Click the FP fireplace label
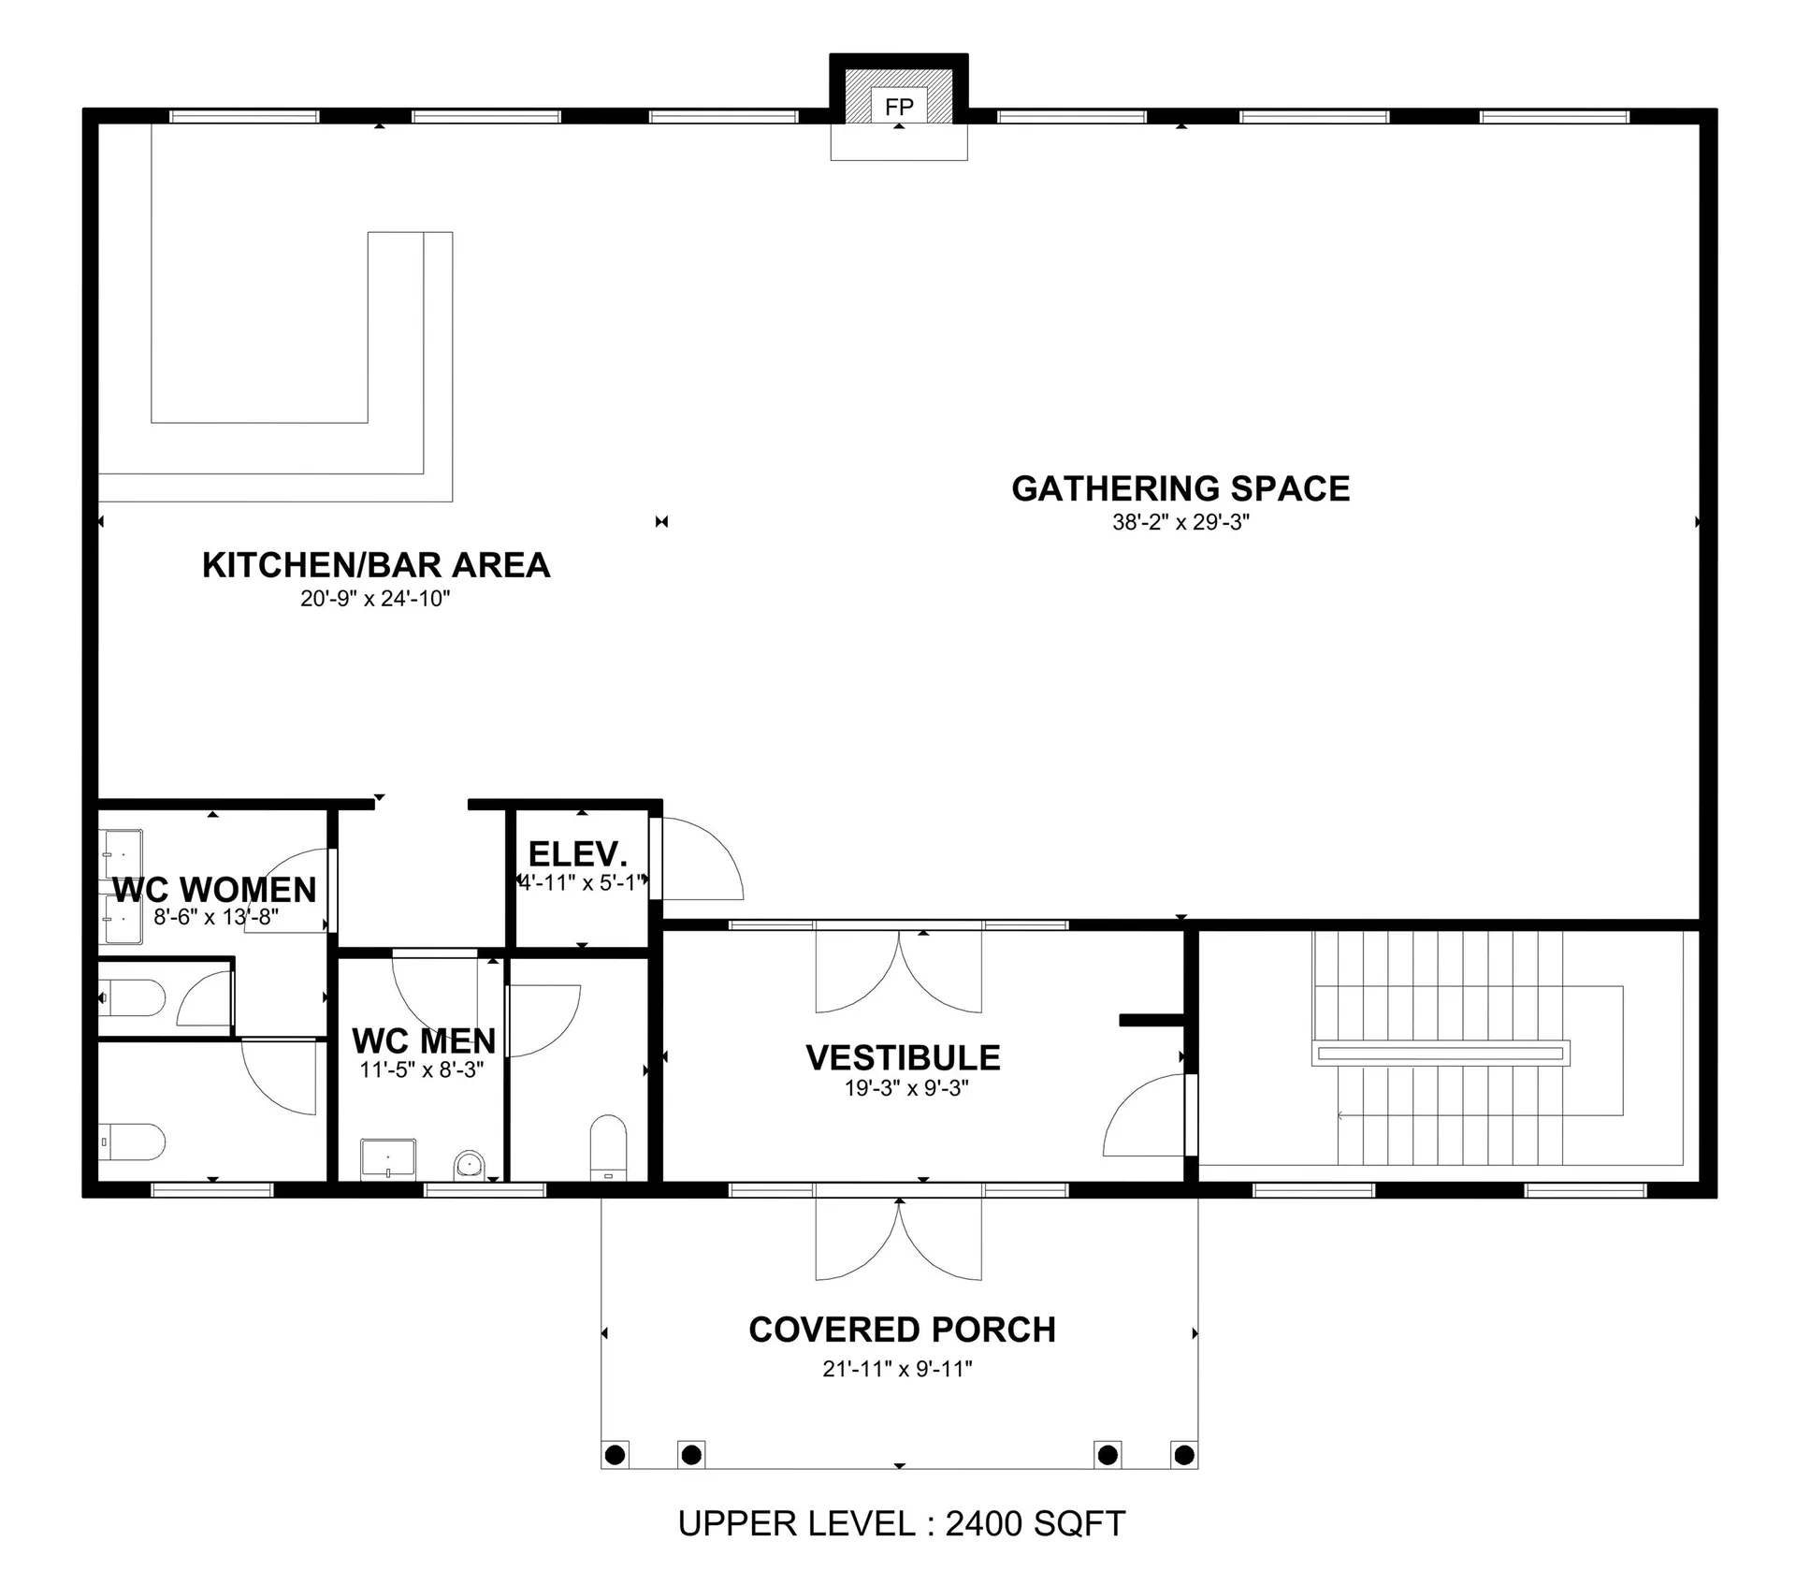pos(899,107)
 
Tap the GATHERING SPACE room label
pos(1180,488)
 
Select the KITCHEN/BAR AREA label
pos(376,565)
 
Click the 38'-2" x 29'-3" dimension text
pos(1180,522)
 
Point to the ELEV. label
pos(577,854)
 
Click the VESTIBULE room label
pos(903,1057)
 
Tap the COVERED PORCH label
pos(902,1330)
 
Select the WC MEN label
pos(424,1040)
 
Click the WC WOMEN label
pos(214,889)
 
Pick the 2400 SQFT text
pos(1035,1524)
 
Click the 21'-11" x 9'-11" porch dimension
pos(897,1369)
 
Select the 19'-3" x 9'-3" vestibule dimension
pos(906,1088)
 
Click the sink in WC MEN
pos(388,1159)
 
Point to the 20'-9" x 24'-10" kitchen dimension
pos(375,599)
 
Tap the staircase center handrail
pos(1441,1054)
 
